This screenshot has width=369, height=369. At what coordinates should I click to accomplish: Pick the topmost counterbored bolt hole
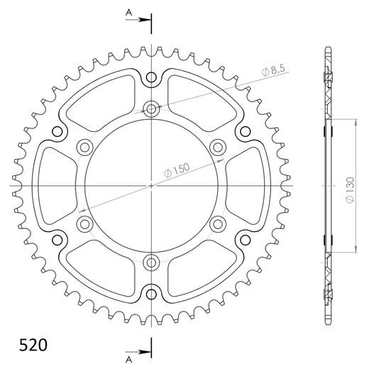coord(151,109)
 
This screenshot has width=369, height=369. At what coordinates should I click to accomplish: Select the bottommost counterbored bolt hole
coord(151,263)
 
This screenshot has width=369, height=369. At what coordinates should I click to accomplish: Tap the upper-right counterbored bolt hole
coord(218,148)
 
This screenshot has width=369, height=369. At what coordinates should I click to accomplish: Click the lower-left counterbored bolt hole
coord(84,225)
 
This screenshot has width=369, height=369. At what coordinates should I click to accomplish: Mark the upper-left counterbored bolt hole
coord(84,148)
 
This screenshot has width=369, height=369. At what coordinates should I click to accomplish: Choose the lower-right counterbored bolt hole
coord(218,225)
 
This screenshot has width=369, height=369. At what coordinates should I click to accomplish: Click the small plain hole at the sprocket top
coord(151,79)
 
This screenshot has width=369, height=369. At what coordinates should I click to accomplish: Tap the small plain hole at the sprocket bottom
coord(151,293)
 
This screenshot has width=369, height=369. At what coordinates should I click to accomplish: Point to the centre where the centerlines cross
coord(151,186)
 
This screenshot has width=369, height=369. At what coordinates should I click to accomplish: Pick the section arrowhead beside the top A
coord(145,19)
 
